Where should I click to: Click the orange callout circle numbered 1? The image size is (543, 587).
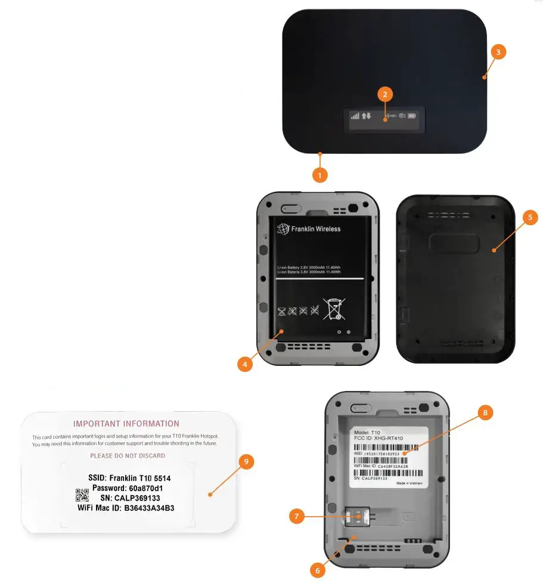point(320,176)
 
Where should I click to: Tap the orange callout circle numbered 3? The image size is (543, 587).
point(499,52)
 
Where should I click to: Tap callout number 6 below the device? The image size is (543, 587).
point(318,570)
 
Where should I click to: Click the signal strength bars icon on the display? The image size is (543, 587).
point(355,116)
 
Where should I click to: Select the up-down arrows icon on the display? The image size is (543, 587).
point(367,116)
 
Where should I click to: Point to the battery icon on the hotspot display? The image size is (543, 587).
point(412,116)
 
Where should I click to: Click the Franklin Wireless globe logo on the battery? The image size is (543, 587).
point(283,229)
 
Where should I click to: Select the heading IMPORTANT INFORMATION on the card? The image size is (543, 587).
point(126,424)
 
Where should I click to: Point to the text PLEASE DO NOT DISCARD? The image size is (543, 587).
point(128,455)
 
